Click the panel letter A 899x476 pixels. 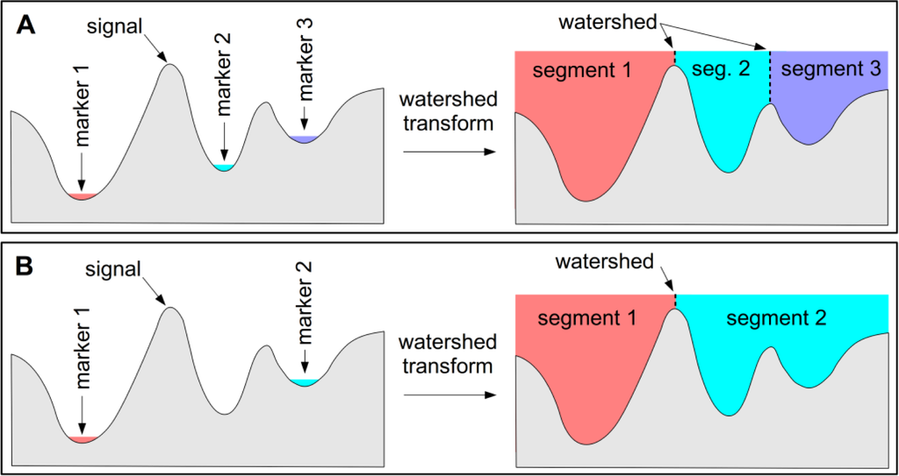pyautogui.click(x=27, y=27)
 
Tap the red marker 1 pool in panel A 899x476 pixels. pyautogui.click(x=81, y=195)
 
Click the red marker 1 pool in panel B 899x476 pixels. pyautogui.click(x=81, y=438)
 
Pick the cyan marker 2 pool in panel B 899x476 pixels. pyautogui.click(x=302, y=382)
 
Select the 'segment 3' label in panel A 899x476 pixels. pyautogui.click(x=830, y=70)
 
